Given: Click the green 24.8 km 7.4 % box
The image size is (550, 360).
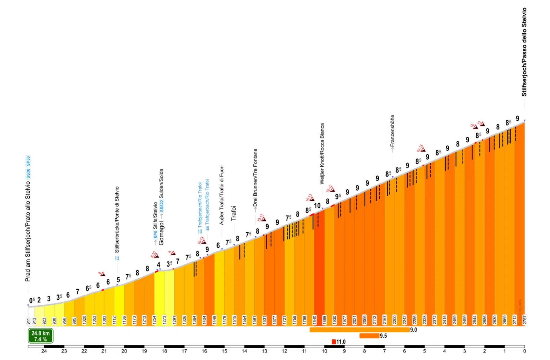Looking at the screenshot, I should [41, 336].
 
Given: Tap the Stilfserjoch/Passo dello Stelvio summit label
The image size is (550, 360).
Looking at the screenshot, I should [524, 52].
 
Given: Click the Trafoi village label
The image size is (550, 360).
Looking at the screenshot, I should [234, 213].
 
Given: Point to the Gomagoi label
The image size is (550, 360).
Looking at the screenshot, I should [161, 233].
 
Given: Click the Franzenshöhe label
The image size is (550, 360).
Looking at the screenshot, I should [392, 130].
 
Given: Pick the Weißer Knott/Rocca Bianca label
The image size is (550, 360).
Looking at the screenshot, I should [322, 154].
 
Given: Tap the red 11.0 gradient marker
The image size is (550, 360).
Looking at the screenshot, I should [334, 342].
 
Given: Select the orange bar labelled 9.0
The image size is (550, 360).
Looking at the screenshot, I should [359, 330].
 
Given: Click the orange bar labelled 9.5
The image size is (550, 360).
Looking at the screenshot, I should [369, 336].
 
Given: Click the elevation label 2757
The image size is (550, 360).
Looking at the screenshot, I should [525, 320].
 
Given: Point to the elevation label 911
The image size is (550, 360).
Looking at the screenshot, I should [28, 321].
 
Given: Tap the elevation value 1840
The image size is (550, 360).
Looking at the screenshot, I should [314, 320].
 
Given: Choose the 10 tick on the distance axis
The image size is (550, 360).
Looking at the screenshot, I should [324, 351].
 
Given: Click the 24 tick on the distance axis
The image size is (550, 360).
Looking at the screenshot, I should [44, 351].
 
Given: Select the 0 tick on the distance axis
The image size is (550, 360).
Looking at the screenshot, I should [525, 351].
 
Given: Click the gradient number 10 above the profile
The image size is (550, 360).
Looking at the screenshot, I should [317, 206].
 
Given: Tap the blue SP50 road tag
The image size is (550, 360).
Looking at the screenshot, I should [28, 161].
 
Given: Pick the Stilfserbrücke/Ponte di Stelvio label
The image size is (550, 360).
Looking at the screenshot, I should [117, 220].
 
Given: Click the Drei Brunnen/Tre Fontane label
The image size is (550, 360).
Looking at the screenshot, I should [255, 177].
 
